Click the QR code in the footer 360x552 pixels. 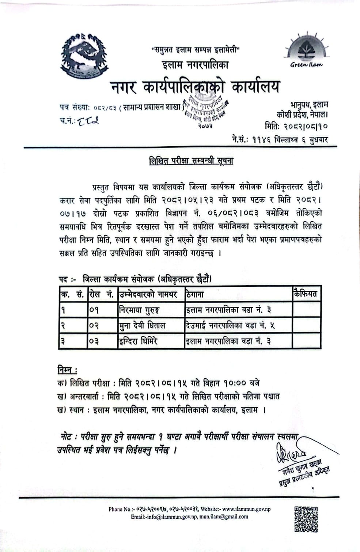pos(306,519)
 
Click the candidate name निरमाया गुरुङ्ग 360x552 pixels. pos(140,310)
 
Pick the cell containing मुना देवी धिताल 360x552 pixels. pos(142,326)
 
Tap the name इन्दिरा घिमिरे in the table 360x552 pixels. pos(138,341)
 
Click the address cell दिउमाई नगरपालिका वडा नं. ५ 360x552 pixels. pos(230,326)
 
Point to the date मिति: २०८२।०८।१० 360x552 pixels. pos(296,127)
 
